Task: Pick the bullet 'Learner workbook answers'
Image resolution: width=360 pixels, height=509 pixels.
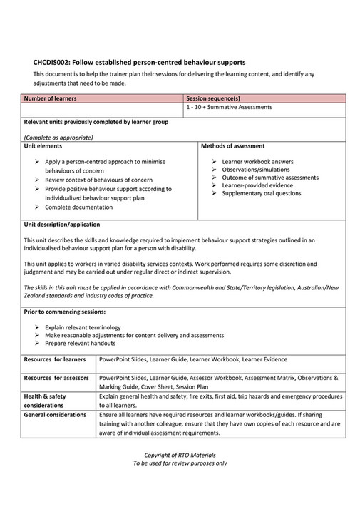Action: click(254, 162)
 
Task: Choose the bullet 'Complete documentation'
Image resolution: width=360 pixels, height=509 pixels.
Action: click(78, 207)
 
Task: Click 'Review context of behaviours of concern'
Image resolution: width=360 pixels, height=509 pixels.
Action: click(98, 180)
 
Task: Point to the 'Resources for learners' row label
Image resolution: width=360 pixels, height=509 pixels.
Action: click(56, 360)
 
